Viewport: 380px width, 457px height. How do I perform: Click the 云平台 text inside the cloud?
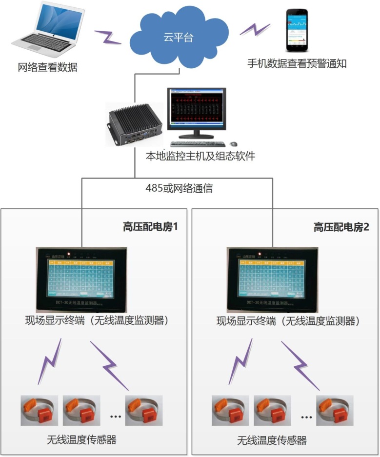coord(178,38)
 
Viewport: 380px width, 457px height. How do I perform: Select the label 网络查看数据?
coord(47,68)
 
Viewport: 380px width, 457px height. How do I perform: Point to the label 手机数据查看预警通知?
coord(297,63)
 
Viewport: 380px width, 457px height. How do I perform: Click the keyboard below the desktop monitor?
coord(198,144)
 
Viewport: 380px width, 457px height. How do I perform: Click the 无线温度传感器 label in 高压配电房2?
coord(272,441)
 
